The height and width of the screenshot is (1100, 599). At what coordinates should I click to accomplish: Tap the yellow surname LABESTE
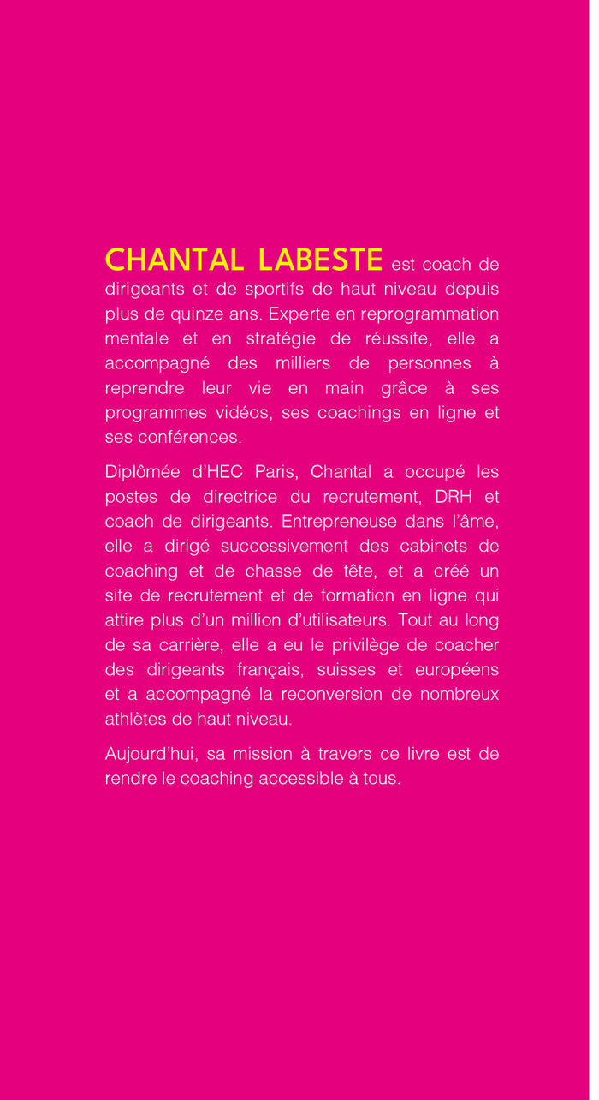pyautogui.click(x=320, y=260)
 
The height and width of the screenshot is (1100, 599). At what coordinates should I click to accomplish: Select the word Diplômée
pyautogui.click(x=142, y=472)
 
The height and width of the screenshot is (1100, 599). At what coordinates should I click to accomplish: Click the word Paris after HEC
pyautogui.click(x=275, y=472)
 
